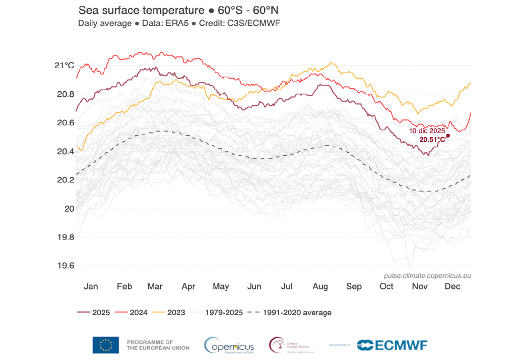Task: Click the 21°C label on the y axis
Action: tap(64, 66)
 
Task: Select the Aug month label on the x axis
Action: tap(320, 286)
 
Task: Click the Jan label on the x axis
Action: tap(91, 286)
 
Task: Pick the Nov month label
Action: tap(420, 286)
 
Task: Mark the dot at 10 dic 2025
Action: tap(448, 136)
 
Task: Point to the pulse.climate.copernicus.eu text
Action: tap(427, 276)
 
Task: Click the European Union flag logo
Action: tap(106, 345)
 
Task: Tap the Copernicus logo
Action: tap(229, 345)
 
